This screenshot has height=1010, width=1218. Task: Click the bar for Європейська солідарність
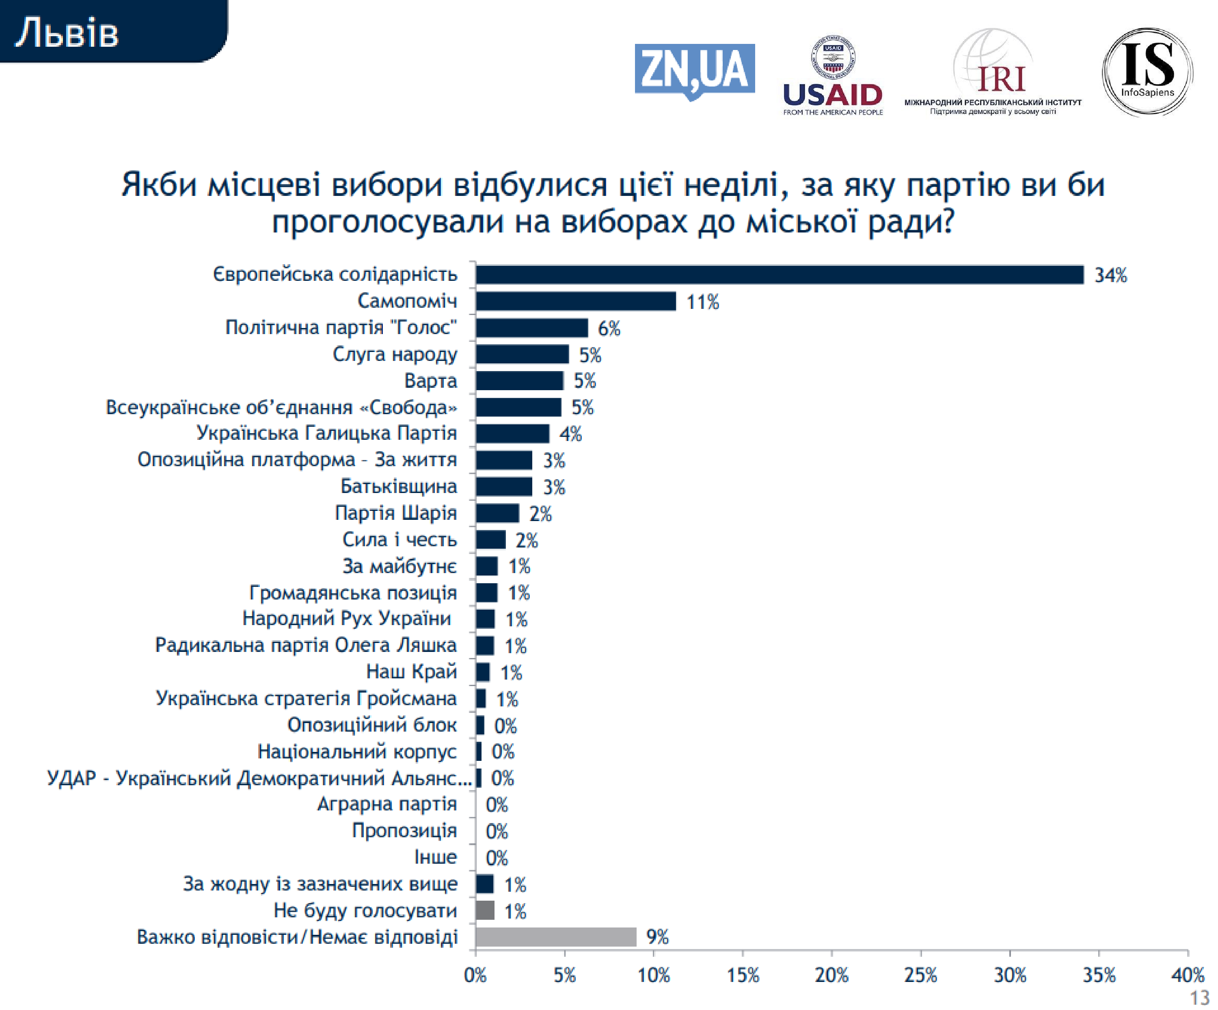[779, 275]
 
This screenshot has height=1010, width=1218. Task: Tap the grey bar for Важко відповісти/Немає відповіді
[556, 937]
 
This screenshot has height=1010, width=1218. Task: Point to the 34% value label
[1110, 275]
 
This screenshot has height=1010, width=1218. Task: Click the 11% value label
[702, 302]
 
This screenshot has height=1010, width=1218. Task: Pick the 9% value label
[657, 937]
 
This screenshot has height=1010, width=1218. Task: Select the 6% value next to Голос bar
[609, 328]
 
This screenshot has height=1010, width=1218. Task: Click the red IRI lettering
[1001, 80]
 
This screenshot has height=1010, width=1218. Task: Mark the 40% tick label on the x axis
[1187, 975]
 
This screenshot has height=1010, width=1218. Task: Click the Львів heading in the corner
[67, 33]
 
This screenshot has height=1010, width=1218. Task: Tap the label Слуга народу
[394, 354]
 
